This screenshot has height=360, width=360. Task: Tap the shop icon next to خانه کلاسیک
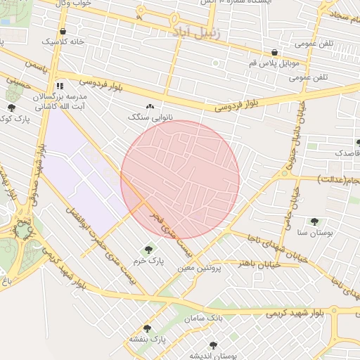point(63,32)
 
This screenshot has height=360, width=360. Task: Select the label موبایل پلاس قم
point(269,63)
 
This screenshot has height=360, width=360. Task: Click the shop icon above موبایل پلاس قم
point(274,53)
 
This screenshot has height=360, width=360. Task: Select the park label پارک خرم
point(150,260)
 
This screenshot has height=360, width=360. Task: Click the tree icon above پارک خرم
point(148,250)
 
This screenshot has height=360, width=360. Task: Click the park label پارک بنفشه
point(147,339)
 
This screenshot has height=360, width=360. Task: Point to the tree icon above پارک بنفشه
point(147,328)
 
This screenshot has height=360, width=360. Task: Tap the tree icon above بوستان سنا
point(314,221)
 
